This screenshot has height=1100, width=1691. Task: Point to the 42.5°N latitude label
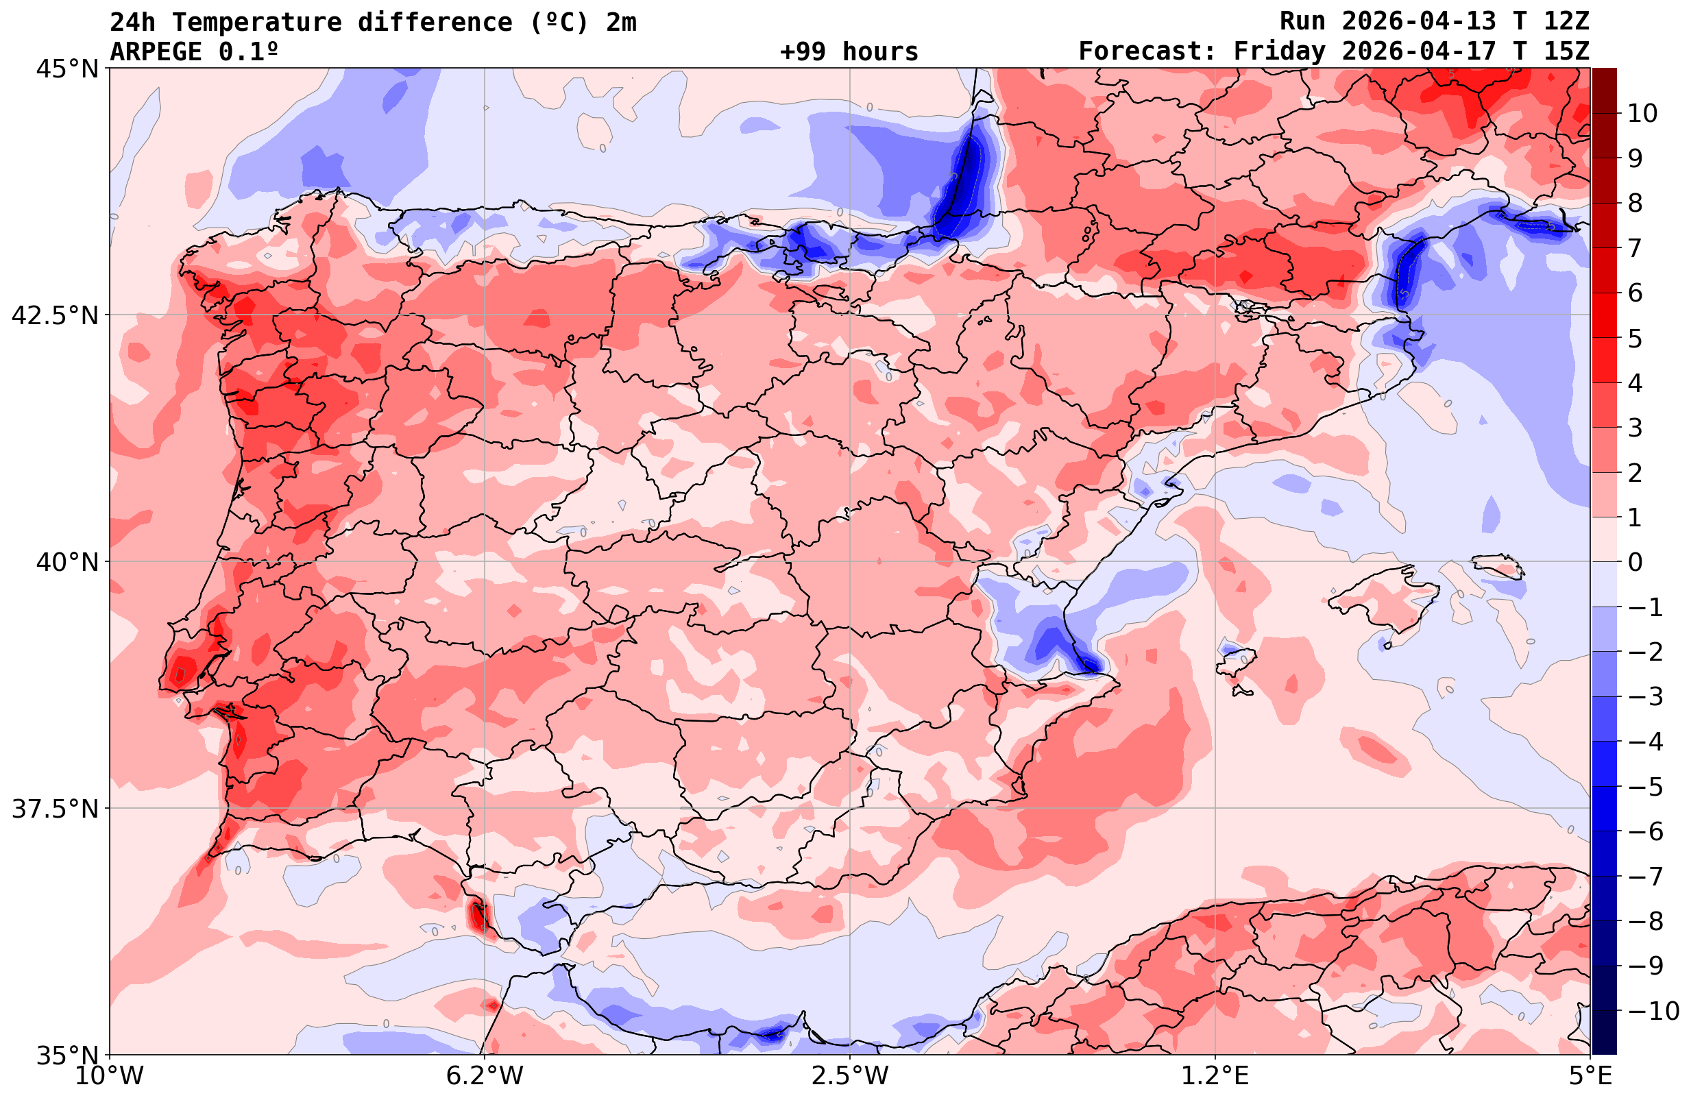point(55,315)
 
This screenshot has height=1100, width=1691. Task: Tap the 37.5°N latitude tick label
point(55,809)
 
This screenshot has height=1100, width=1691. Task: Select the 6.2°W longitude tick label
point(485,1076)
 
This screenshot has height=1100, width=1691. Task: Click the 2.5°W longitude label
point(851,1076)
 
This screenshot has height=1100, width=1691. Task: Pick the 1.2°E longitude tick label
point(1215,1076)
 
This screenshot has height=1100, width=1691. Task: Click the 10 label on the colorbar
point(1643,113)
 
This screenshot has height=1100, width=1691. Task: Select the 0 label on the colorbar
point(1635,562)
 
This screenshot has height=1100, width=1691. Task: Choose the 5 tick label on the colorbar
point(1635,339)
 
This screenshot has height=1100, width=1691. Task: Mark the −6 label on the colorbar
point(1645,831)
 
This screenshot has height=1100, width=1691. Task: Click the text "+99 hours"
point(849,52)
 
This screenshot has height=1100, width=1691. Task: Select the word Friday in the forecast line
point(1279,52)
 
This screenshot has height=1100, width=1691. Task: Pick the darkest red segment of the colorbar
point(1605,90)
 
